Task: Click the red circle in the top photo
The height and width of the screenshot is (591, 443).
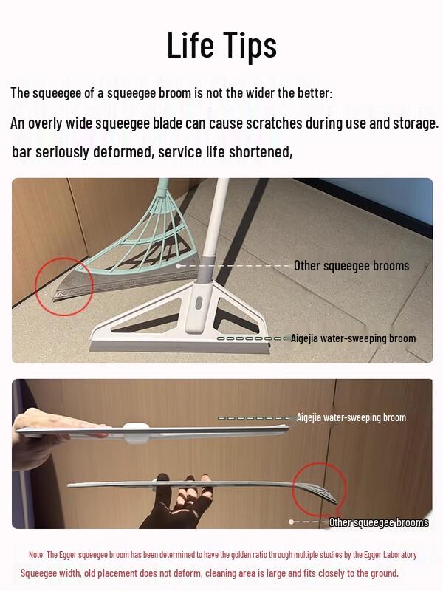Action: [63, 287]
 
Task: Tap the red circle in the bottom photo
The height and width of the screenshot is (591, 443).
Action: [322, 489]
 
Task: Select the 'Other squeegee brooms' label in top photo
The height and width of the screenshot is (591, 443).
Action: [351, 266]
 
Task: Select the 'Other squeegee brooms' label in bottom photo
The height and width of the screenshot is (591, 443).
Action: [378, 522]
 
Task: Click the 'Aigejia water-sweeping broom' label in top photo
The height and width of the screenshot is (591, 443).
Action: [353, 338]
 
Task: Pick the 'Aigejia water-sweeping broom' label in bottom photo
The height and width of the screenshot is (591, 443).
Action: [351, 417]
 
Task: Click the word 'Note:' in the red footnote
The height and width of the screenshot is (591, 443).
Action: [37, 554]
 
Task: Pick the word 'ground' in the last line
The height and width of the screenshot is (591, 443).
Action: [380, 573]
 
